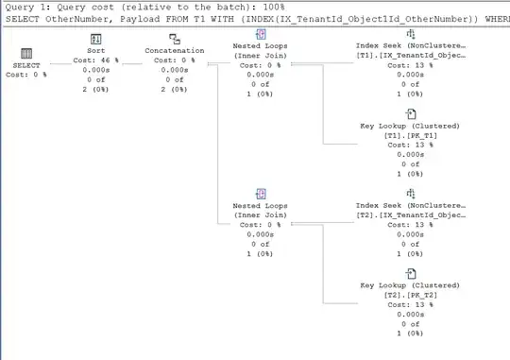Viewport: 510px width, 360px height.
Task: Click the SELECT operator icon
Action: pyautogui.click(x=26, y=55)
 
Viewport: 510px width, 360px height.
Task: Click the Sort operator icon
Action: pyautogui.click(x=96, y=39)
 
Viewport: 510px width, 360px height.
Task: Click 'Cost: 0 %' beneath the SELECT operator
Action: pyautogui.click(x=26, y=75)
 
